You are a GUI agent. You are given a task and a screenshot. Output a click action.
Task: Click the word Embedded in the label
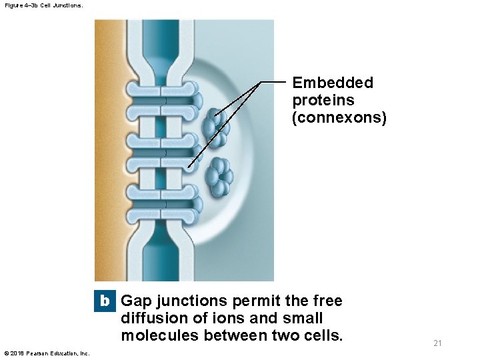(333, 83)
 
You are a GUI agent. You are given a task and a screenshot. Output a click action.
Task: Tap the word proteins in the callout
(323, 101)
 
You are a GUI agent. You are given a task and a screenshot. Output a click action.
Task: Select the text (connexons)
(339, 118)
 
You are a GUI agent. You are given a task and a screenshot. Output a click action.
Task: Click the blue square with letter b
(105, 301)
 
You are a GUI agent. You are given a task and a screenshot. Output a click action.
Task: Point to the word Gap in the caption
(136, 301)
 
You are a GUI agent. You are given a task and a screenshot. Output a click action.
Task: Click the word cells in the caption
(319, 335)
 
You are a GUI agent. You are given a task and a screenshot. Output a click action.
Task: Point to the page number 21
(438, 343)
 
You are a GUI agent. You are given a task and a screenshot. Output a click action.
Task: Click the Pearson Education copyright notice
(47, 353)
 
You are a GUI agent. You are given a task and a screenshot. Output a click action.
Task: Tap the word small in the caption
(304, 319)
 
